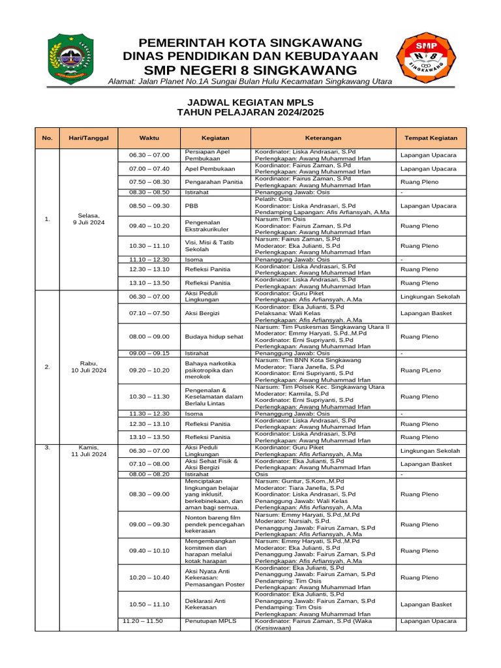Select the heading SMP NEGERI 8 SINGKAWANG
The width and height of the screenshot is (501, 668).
250,70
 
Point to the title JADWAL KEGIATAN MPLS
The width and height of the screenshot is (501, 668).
250,102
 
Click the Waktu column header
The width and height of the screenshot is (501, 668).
149,138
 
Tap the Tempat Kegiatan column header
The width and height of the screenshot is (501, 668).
431,138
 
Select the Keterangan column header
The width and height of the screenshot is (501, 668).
323,138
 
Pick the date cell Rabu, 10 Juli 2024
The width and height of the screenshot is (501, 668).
88,367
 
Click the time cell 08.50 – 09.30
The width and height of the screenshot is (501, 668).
149,205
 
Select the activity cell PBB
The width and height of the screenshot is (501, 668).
191,205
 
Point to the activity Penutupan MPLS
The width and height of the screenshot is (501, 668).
211,621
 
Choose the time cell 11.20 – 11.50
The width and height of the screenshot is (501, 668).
143,621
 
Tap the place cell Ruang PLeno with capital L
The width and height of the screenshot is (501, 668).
419,370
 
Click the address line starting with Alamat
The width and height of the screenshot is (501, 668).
250,82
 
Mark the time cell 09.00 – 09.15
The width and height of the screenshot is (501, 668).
149,353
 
